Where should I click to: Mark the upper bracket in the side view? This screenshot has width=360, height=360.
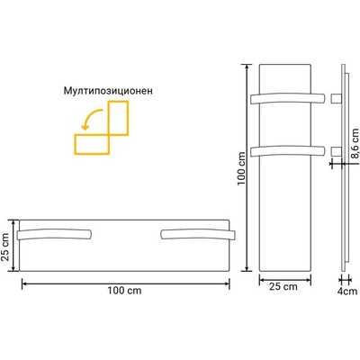click(335, 96)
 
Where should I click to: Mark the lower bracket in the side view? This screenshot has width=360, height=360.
click(335, 148)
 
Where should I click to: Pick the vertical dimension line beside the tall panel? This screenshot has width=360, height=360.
click(247, 166)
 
